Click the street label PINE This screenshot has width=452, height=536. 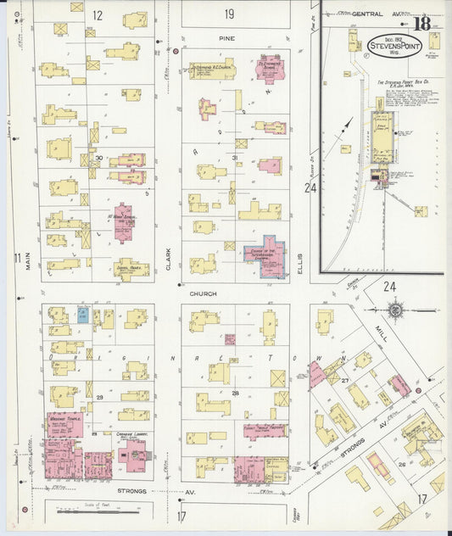[226, 39]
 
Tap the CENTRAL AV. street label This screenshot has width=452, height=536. [366, 14]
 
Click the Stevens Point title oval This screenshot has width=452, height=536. [389, 41]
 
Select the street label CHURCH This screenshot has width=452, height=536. [204, 293]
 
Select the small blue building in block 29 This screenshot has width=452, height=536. [82, 315]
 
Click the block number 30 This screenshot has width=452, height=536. [99, 158]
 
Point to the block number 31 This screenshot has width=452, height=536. [235, 158]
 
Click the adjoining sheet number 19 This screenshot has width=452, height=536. [229, 14]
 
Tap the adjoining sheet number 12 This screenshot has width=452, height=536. [98, 14]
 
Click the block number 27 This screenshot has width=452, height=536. [345, 381]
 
